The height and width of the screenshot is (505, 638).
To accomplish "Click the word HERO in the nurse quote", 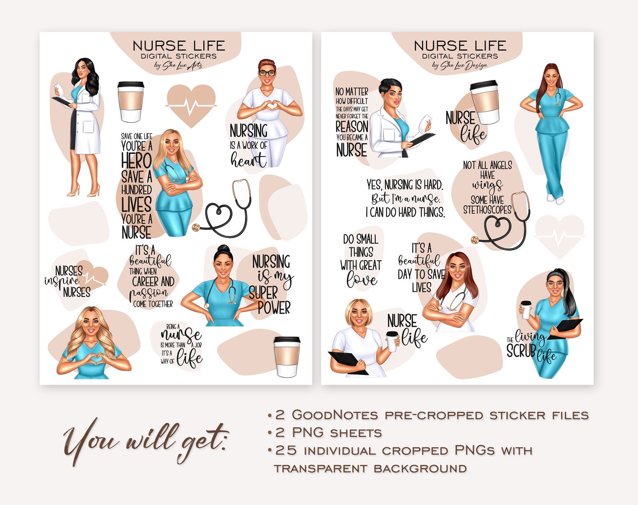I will (136, 161).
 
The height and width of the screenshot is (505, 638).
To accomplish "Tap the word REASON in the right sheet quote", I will (352, 127).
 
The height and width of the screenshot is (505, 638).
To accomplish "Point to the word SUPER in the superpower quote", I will (263, 293).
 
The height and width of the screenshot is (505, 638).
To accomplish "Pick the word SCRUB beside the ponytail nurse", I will (521, 351).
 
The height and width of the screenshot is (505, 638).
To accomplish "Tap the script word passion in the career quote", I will (149, 293).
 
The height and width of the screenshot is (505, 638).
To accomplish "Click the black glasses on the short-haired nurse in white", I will (267, 73).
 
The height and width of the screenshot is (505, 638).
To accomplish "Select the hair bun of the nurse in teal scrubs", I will (224, 249).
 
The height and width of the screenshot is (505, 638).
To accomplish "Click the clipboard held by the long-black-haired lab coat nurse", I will (61, 101).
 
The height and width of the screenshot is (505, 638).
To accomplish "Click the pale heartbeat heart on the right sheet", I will (559, 236).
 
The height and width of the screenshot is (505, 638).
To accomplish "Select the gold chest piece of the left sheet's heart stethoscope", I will (196, 228).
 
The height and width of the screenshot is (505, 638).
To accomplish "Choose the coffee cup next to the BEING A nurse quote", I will (287, 356).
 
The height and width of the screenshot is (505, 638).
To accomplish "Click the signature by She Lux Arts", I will (178, 66).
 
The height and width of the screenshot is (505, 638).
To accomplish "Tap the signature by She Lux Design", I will (460, 66).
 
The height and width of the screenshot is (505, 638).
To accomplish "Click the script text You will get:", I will (145, 441).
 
